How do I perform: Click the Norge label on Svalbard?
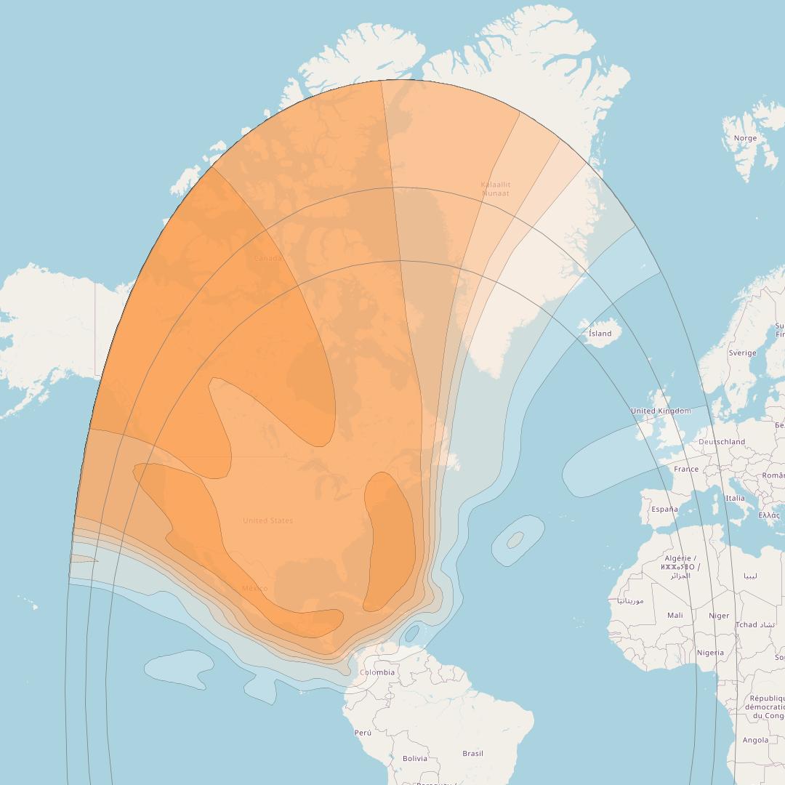pos(745,138)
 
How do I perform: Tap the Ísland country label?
pos(600,334)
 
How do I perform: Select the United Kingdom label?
pos(661,411)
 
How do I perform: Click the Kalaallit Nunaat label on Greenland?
pos(496,189)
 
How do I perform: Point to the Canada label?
pos(267,258)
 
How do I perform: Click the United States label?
pos(268,520)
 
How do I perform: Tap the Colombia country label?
pos(377,672)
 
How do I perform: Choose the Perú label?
pos(363,733)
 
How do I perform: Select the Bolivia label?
pos(415,758)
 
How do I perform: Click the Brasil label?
pos(472,753)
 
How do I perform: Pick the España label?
pos(664,509)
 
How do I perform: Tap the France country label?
pos(686,469)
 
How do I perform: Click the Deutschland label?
pos(722,441)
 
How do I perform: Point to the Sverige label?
pos(742,353)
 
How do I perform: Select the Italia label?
pos(735,498)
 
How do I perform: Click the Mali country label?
pos(675,615)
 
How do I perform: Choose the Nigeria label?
pos(710,652)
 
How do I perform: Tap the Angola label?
pos(755,740)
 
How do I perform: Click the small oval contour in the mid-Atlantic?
pos(515,540)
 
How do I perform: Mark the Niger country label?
pos(719,616)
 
